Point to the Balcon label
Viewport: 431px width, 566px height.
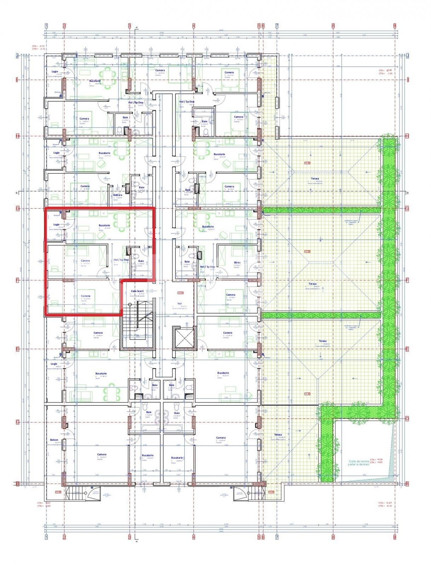pos(54,440)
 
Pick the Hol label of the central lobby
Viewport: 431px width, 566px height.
pos(179,304)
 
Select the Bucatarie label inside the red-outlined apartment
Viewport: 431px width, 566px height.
pos(104,225)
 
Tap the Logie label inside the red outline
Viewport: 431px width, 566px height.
pos(56,224)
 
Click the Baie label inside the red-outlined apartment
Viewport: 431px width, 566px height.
pos(141,261)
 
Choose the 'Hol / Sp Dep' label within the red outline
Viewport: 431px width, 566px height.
pos(121,260)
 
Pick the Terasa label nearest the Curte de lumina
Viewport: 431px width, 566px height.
pos(278,435)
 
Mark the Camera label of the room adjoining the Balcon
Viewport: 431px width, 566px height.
pos(102,455)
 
